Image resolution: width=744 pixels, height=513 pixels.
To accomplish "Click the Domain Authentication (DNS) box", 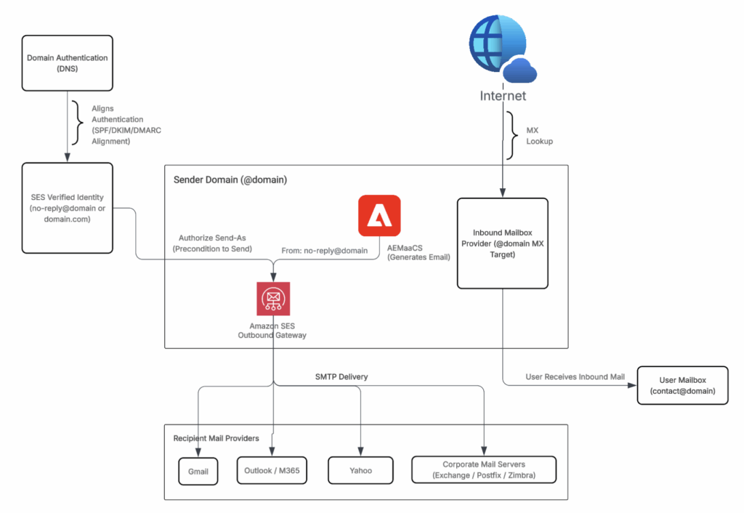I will click(x=68, y=62).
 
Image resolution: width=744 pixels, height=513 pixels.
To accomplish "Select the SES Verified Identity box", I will click(x=68, y=208).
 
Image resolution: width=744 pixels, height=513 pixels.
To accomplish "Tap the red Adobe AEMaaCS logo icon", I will click(x=379, y=216).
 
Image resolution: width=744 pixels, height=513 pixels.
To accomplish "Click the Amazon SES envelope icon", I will click(x=272, y=299).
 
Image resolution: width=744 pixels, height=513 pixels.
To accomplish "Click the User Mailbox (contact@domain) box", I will click(x=682, y=385).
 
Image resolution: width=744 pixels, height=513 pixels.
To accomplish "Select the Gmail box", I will click(x=198, y=471).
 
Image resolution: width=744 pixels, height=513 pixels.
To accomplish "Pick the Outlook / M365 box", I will click(x=272, y=470).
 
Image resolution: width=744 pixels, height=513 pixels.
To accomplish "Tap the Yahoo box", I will click(x=360, y=470).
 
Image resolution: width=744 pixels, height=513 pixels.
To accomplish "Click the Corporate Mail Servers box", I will click(x=483, y=470).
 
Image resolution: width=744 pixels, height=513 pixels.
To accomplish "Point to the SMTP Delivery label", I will click(x=341, y=377).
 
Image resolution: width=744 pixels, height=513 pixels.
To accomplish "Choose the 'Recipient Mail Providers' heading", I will click(x=215, y=438).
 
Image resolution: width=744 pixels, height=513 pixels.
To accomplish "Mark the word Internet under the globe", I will click(x=503, y=95).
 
